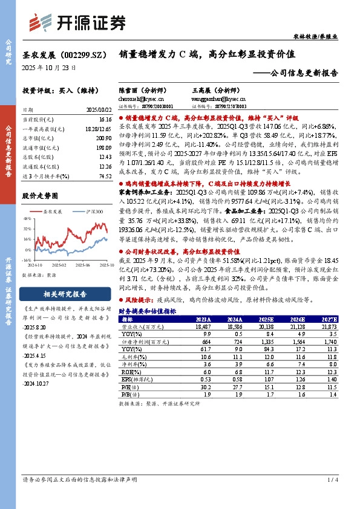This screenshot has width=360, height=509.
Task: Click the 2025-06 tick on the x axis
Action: [x=83, y=264]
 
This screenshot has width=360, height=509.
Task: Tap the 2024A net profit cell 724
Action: [x=232, y=342]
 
